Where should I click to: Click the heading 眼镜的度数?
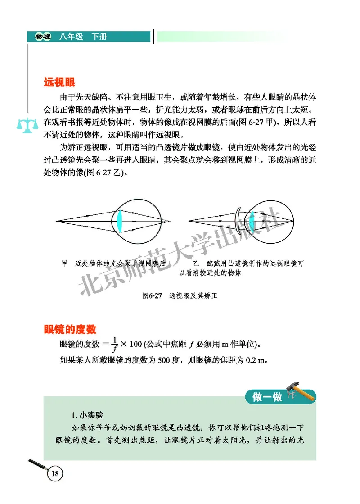pos(70,329)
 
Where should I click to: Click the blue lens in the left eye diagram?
pos(120,220)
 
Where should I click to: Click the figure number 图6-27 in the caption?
pos(152,296)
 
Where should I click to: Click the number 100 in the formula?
pos(135,345)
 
